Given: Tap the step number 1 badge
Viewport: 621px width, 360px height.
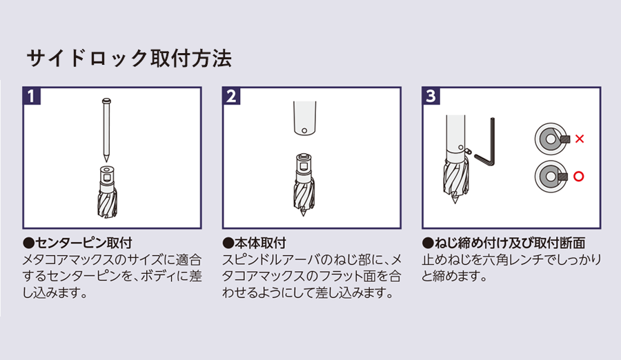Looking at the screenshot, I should (x=32, y=95).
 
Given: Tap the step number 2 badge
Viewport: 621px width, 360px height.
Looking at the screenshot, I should (x=232, y=95).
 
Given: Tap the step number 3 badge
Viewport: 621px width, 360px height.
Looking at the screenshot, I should (x=431, y=95).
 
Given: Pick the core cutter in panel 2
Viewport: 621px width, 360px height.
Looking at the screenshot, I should (x=305, y=186).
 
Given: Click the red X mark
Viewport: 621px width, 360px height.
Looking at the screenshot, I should (x=579, y=139).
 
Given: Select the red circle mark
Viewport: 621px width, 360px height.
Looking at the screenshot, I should (x=578, y=177).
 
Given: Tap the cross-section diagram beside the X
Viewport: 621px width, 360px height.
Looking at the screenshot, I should (x=550, y=139).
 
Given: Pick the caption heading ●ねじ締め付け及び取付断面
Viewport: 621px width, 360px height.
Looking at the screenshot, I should (x=503, y=243).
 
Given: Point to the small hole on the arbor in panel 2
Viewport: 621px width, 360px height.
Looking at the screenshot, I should (x=304, y=130).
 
